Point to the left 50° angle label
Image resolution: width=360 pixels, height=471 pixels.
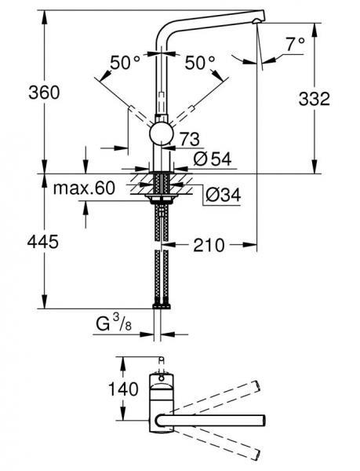pyautogui.click(x=125, y=63)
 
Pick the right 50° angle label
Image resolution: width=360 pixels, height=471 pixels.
pyautogui.click(x=201, y=63)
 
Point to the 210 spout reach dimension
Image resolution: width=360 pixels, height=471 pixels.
pyautogui.click(x=207, y=246)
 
